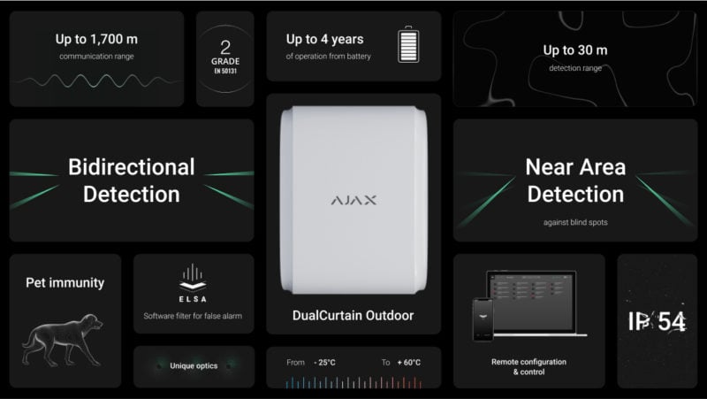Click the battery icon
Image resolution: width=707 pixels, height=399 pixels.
click(408, 44)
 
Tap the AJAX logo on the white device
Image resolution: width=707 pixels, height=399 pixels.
click(353, 200)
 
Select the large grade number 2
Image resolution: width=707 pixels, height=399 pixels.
click(225, 48)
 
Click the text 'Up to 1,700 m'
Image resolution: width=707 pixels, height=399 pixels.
click(96, 39)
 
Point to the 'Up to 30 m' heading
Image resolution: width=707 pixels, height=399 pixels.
click(575, 50)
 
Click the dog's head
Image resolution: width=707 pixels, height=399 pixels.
click(92, 322)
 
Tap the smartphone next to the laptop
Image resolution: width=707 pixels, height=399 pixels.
click(483, 319)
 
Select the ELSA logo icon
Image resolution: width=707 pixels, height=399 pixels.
click(193, 277)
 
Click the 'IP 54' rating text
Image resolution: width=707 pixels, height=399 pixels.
click(657, 321)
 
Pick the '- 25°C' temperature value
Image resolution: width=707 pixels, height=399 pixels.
click(324, 363)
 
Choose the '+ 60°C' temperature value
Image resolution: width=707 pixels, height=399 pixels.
click(409, 363)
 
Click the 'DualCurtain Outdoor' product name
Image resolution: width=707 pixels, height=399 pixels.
click(353, 316)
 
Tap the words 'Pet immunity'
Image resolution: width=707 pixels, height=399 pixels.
click(65, 283)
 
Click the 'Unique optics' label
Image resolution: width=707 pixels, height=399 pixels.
click(194, 365)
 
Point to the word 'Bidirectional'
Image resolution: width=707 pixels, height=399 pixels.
click(132, 167)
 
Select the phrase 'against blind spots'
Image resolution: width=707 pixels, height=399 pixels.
click(575, 222)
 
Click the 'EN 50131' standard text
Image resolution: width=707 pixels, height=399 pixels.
click(225, 71)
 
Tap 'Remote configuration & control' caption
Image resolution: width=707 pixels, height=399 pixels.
click(528, 366)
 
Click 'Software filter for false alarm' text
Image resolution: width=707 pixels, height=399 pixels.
click(193, 316)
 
